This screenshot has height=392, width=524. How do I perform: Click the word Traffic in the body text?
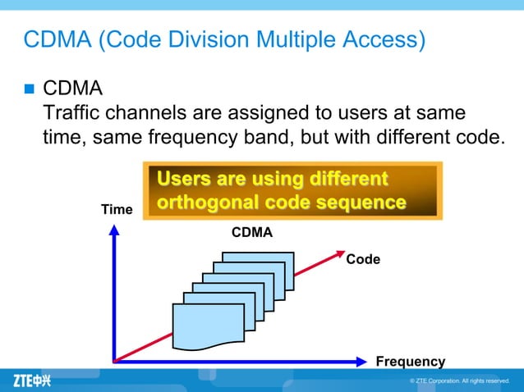(71, 112)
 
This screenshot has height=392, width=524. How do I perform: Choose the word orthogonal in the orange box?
(205, 202)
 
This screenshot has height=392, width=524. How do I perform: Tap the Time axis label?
(117, 210)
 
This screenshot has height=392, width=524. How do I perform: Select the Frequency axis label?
(410, 362)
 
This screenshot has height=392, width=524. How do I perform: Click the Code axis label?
(363, 259)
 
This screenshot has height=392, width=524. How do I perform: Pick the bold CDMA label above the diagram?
(251, 233)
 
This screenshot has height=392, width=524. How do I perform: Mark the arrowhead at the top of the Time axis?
(114, 230)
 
